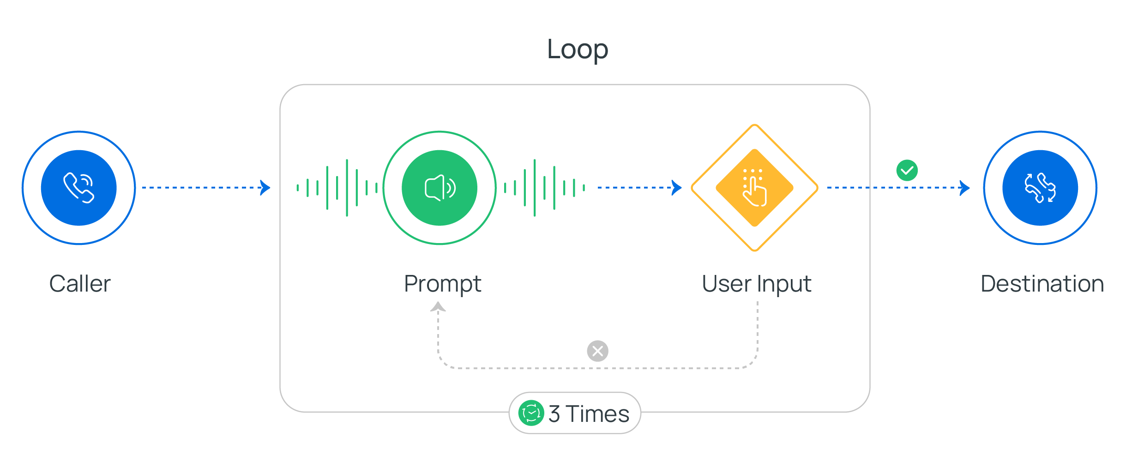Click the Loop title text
(x=577, y=49)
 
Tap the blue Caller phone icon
(x=78, y=188)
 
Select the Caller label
(x=80, y=284)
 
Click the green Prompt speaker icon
(x=440, y=188)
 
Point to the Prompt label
(x=442, y=284)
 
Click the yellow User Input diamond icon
(x=754, y=188)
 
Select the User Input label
(x=756, y=284)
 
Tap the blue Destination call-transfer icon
(x=1040, y=188)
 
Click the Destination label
(x=1042, y=284)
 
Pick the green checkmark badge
(x=907, y=171)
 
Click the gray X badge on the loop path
(x=597, y=351)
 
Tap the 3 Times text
(x=589, y=414)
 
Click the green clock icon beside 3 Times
(x=531, y=413)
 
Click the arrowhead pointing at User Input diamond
(x=677, y=188)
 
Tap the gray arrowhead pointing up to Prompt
(x=438, y=307)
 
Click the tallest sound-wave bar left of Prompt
(x=347, y=188)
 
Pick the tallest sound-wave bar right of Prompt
(x=535, y=188)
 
